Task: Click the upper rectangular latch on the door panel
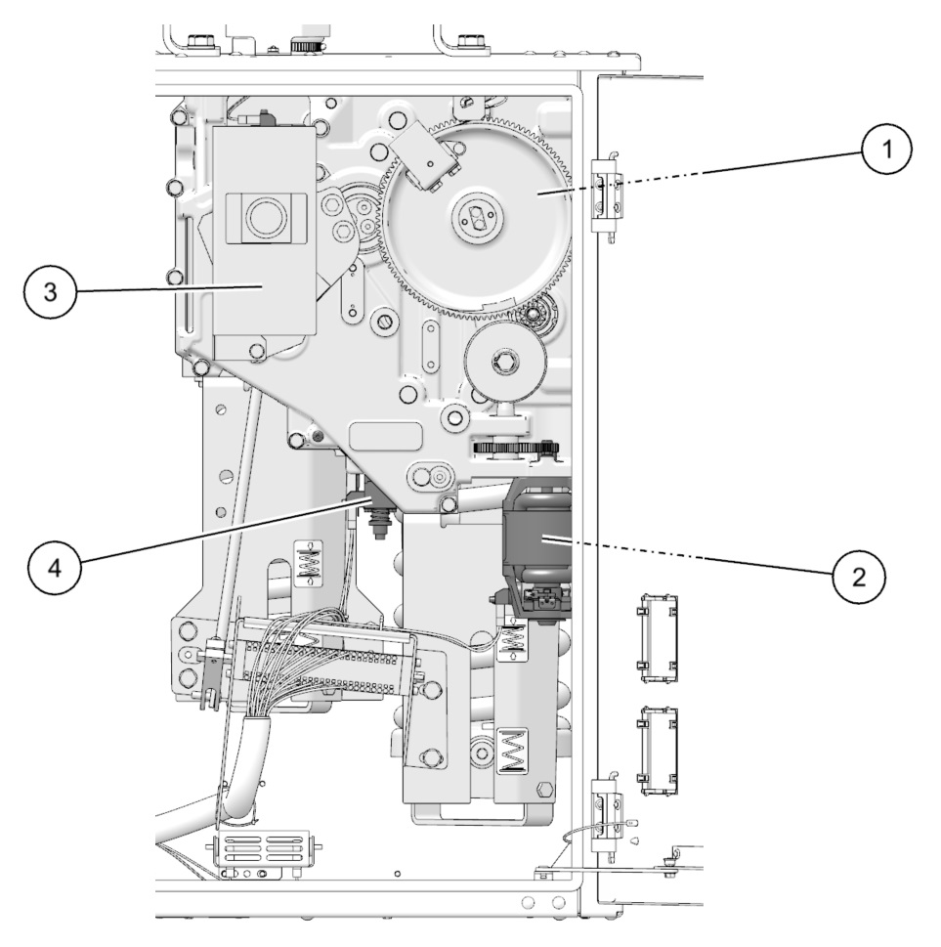(657, 636)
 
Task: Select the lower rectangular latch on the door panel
(657, 748)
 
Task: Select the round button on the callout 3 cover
(266, 217)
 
